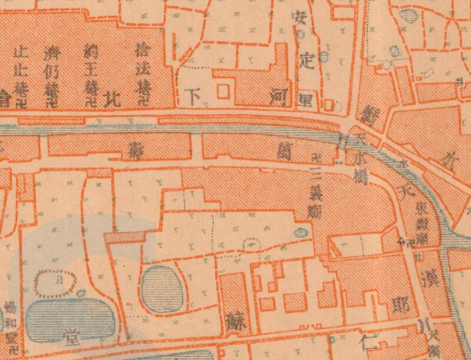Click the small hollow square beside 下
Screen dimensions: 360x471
[222, 91]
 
